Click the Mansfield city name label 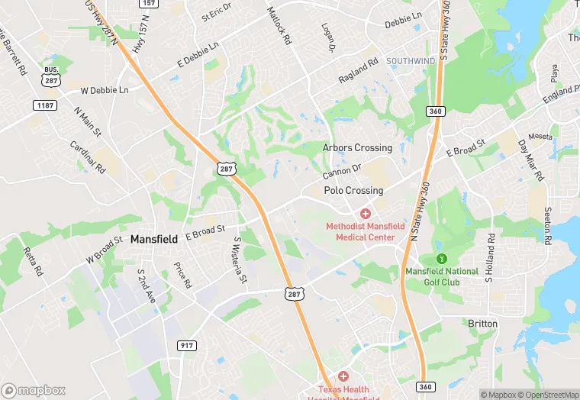pyautogui.click(x=156, y=239)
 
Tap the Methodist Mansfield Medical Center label pyautogui.click(x=361, y=231)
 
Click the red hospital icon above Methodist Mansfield pyautogui.click(x=366, y=214)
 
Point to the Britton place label pyautogui.click(x=482, y=324)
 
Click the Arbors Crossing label pyautogui.click(x=357, y=147)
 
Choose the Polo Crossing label pyautogui.click(x=353, y=191)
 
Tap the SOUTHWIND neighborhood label pyautogui.click(x=410, y=60)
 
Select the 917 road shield pyautogui.click(x=185, y=346)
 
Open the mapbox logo pyautogui.click(x=33, y=390)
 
